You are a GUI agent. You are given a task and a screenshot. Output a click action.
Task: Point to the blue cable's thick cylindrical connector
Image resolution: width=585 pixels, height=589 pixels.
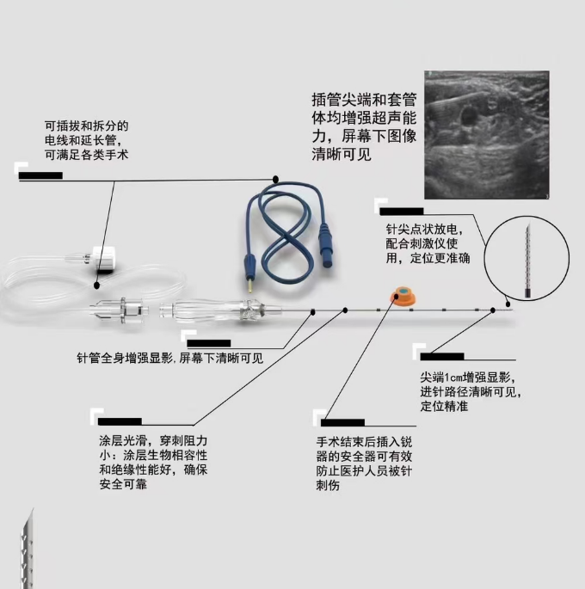(x=326, y=235)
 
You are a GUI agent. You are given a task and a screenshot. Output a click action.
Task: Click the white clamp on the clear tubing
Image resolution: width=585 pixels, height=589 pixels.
(x=102, y=256)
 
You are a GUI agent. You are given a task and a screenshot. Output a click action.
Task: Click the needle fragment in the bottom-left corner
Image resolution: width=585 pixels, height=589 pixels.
(x=26, y=550)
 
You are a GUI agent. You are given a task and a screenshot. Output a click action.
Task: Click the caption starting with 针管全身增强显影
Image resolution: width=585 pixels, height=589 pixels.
(x=169, y=357)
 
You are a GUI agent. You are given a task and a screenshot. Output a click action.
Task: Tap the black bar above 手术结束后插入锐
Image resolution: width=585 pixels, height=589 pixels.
(x=342, y=422)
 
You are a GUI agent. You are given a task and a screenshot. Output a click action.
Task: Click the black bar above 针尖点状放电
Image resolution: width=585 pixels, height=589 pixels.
(x=402, y=211)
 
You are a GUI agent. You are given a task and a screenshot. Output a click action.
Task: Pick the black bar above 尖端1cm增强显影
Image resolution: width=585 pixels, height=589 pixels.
(x=441, y=356)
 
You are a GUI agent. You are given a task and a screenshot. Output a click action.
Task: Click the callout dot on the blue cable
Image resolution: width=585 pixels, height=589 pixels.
(x=275, y=179)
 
